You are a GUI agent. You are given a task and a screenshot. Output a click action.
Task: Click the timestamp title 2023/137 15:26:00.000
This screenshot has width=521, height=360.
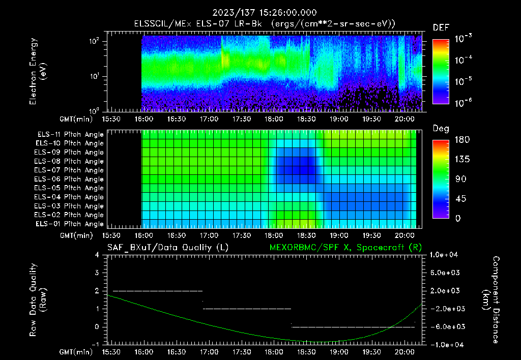[260, 13]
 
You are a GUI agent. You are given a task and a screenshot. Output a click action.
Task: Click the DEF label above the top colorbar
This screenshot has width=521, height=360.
[441, 27]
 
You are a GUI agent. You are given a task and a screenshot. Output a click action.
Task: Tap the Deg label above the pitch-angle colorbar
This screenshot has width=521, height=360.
[441, 129]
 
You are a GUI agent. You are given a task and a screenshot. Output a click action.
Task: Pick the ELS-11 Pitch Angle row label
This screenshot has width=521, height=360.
[70, 134]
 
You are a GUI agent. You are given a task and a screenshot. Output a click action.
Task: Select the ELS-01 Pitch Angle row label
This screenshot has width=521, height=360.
[70, 224]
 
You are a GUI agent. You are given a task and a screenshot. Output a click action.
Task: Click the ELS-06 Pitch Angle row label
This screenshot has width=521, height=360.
[70, 179]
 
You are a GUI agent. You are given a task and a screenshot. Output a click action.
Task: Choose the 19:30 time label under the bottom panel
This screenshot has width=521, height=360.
[372, 352]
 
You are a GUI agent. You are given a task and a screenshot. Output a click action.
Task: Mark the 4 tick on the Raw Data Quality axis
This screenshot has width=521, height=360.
[98, 255]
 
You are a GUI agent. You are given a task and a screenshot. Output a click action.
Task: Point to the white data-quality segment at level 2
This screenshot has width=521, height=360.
[158, 291]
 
